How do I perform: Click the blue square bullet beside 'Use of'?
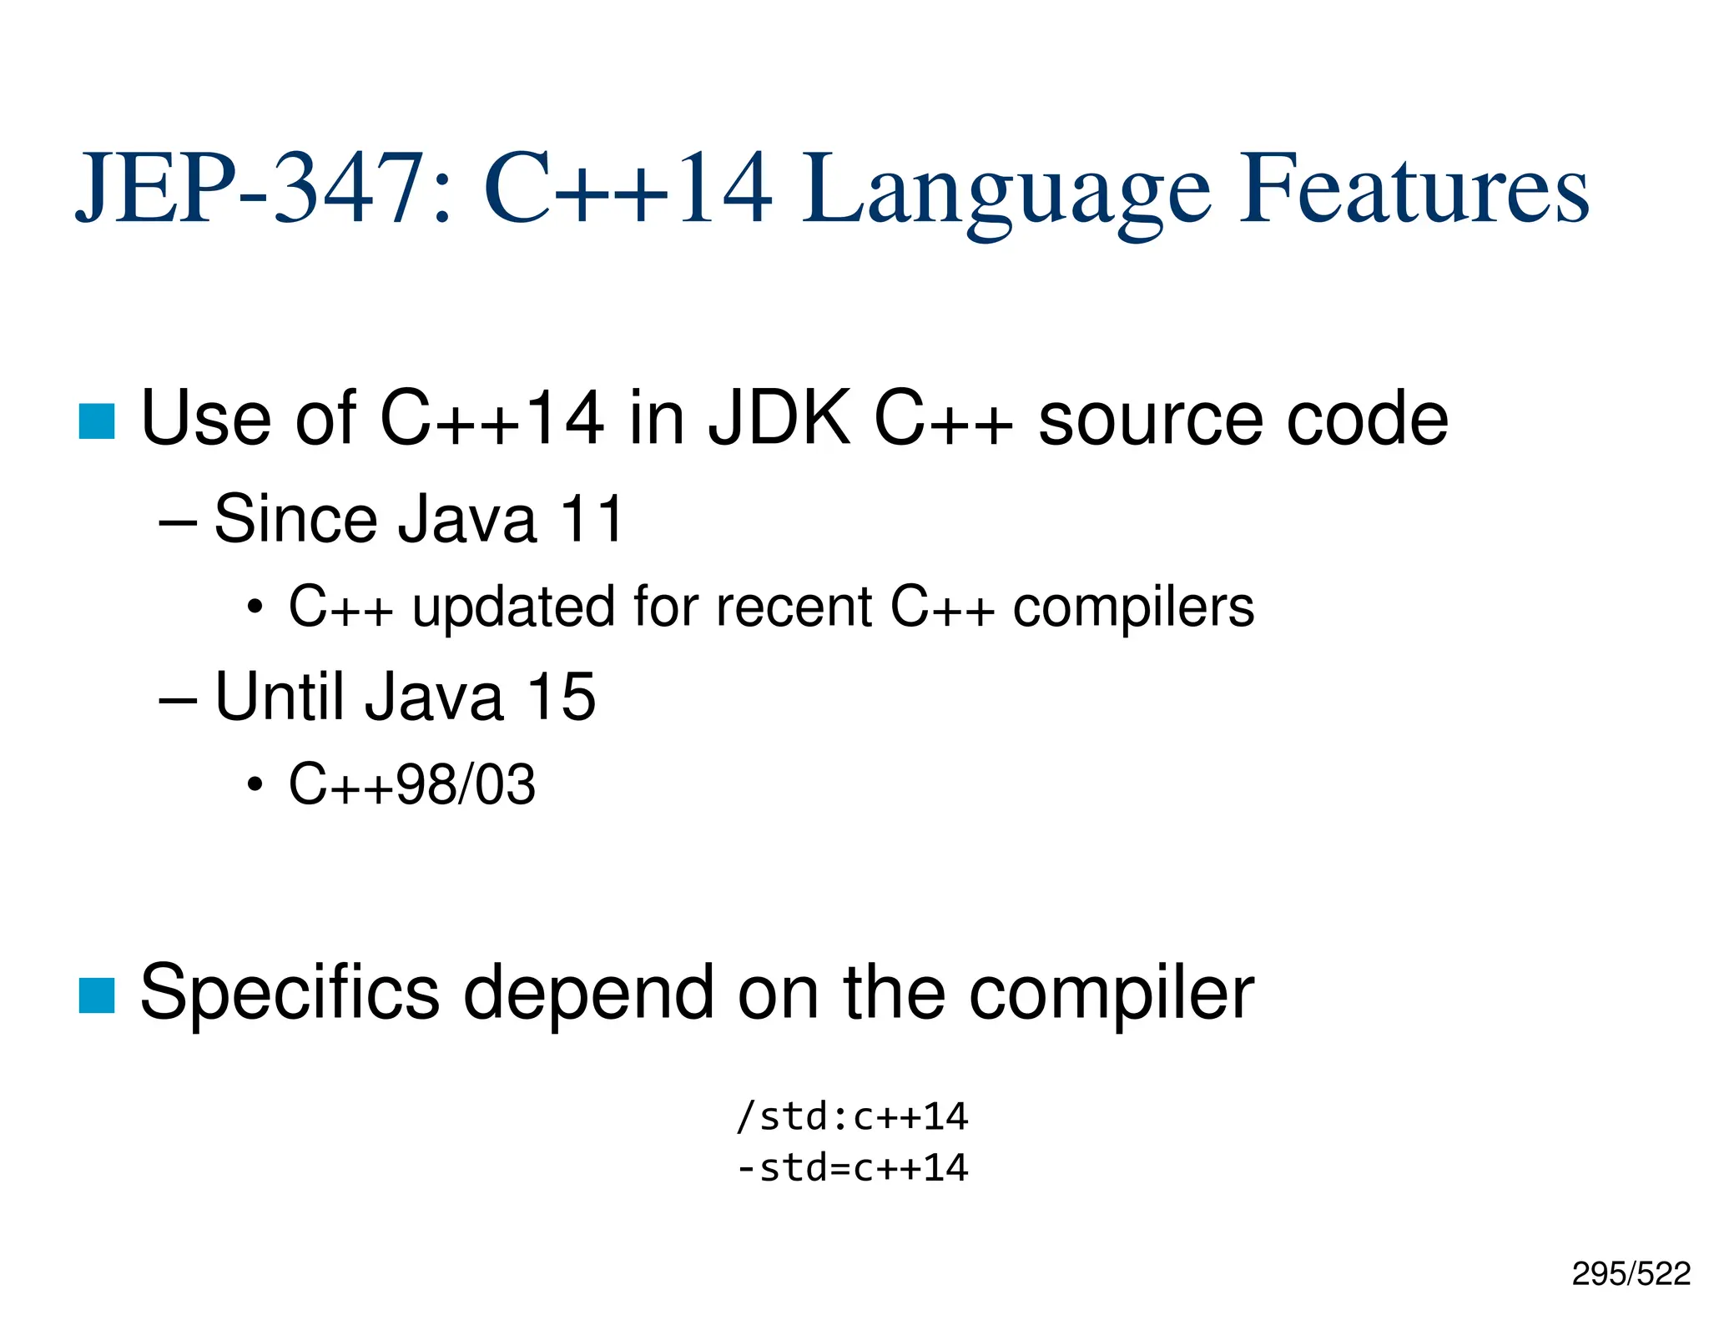pyautogui.click(x=97, y=421)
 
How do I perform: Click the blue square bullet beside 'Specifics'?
pyautogui.click(x=97, y=995)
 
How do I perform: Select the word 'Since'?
pyautogui.click(x=295, y=519)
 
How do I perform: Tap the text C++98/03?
pyautogui.click(x=412, y=784)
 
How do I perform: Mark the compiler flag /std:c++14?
pyautogui.click(x=852, y=1116)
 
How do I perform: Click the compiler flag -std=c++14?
pyautogui.click(x=852, y=1167)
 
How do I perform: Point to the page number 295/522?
pyautogui.click(x=1631, y=1273)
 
